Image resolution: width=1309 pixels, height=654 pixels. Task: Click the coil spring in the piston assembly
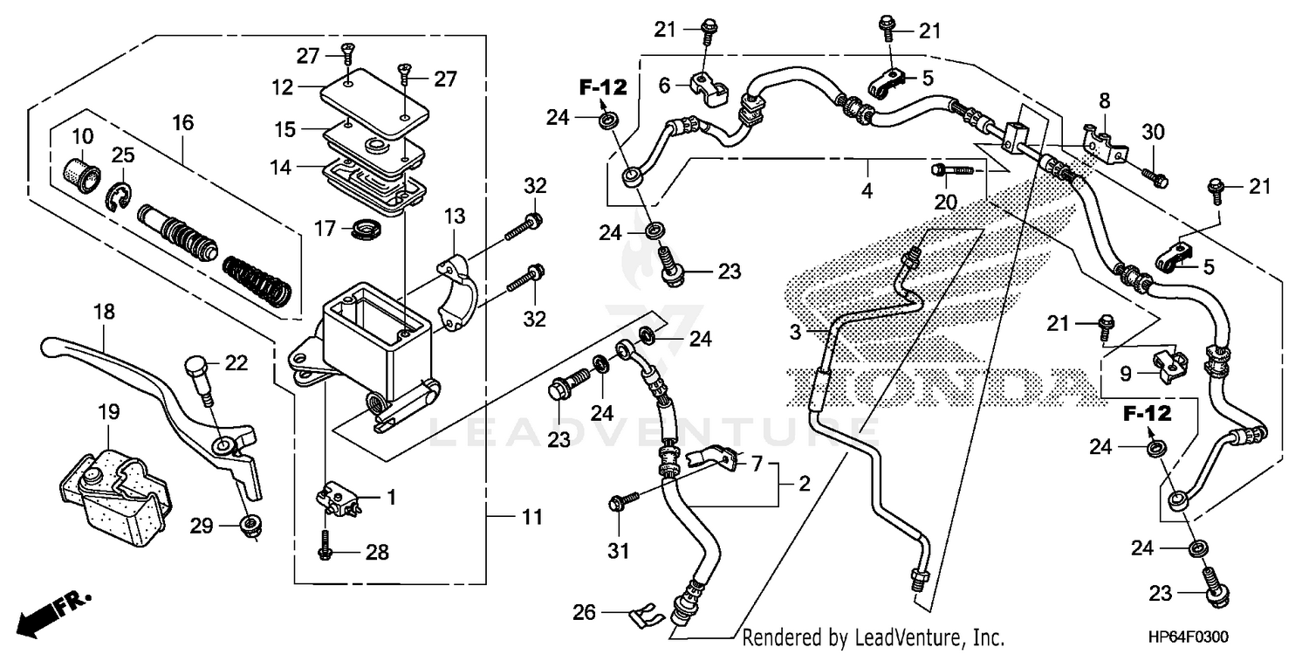[x=258, y=278]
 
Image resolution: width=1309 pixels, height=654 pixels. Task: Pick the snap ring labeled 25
[x=120, y=198]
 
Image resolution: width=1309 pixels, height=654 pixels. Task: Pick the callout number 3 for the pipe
[x=795, y=332]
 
